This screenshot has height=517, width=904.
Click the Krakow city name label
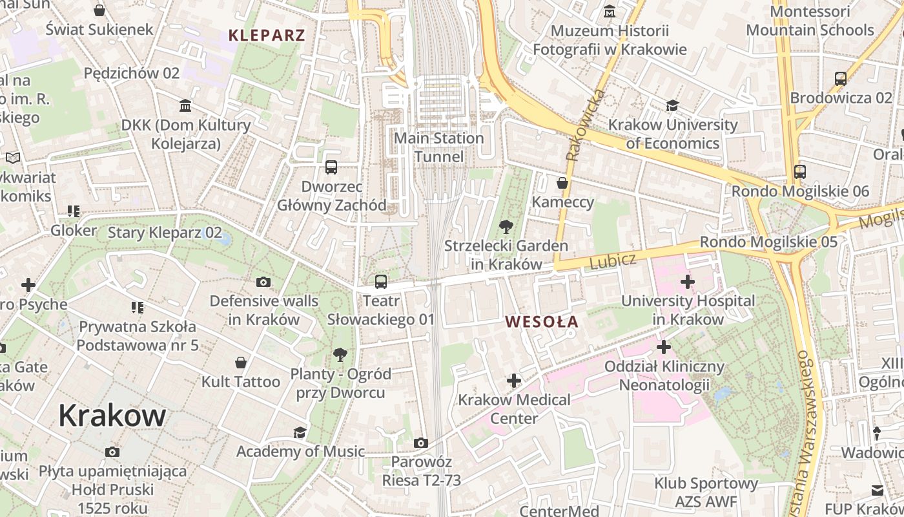112,416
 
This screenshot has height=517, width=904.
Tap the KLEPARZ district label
267,35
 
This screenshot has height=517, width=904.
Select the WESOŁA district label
541,321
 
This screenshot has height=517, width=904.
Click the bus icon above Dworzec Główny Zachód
331,167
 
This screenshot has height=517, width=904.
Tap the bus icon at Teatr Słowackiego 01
381,281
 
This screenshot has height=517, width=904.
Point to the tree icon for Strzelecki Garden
506,226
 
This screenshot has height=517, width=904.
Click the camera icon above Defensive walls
263,282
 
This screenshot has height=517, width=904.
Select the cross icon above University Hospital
687,281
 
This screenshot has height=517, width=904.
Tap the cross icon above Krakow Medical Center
514,381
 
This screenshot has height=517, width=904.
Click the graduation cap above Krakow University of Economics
672,105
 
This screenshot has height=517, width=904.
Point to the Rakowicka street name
586,125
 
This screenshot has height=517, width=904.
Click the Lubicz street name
613,260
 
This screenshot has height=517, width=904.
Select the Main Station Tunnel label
438,147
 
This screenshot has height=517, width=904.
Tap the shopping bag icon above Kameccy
562,183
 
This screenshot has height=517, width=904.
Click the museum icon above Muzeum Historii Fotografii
610,12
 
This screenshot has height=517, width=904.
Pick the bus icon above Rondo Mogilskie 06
800,171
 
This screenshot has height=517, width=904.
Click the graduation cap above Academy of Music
300,432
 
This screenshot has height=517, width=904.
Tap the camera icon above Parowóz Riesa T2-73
421,443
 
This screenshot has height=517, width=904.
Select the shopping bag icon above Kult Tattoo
241,363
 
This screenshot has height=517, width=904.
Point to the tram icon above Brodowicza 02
841,79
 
